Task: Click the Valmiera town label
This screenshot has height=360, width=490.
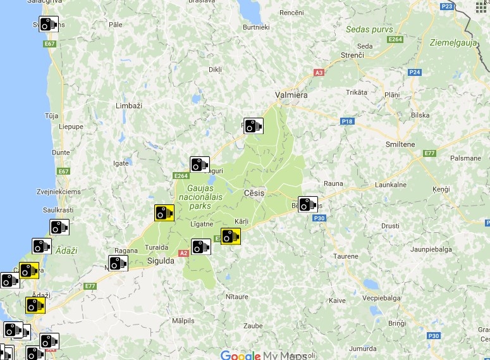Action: coord(291,95)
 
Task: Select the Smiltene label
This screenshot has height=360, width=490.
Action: coord(400,144)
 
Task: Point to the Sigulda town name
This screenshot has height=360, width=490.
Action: coord(160,260)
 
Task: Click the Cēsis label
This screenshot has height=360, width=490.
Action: coord(254,192)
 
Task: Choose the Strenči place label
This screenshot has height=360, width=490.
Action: coord(352,56)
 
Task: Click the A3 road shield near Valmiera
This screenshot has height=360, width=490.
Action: coord(319,73)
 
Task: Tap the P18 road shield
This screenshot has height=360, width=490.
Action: coord(346,120)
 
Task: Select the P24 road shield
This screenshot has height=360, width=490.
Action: coord(415,72)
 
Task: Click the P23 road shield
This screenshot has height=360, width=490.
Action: coord(448,6)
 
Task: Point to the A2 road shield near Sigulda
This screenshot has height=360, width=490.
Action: coord(184,253)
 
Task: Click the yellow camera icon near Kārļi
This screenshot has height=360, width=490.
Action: coord(231,237)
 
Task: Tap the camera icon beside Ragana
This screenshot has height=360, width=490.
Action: coord(118,263)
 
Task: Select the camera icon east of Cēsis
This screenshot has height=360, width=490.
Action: coord(308,204)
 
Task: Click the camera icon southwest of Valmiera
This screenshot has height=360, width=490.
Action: coord(254,126)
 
